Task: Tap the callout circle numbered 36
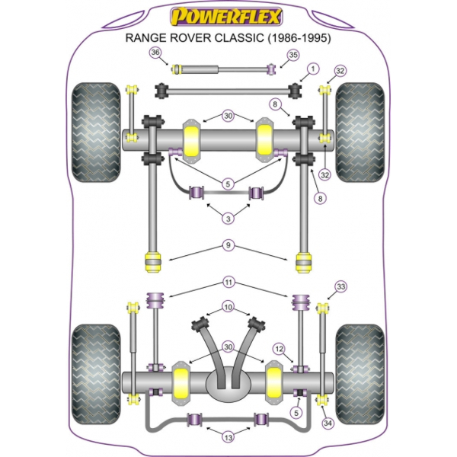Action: click(156, 53)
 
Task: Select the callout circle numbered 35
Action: click(292, 55)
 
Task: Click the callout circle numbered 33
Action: click(340, 286)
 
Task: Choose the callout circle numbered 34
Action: click(328, 423)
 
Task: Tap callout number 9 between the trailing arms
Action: click(228, 244)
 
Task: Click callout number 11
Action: click(228, 283)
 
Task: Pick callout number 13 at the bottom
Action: click(228, 436)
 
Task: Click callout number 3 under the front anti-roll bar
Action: click(228, 219)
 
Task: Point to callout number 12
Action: click(280, 349)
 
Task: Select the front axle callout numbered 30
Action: click(228, 116)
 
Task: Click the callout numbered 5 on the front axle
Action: click(228, 183)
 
